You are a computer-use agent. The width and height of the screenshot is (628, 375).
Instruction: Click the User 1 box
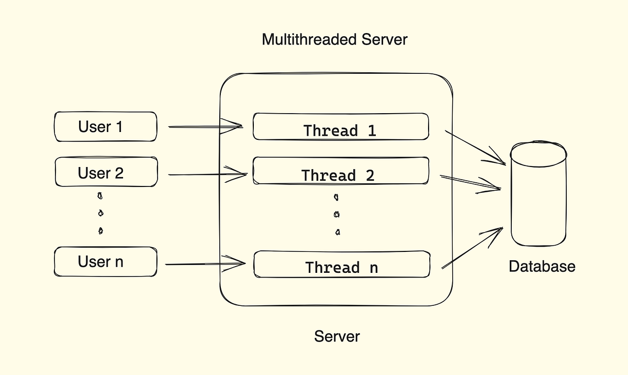click(x=105, y=127)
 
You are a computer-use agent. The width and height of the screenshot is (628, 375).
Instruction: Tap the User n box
click(x=105, y=262)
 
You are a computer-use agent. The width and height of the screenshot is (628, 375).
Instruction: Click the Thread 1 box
click(x=341, y=127)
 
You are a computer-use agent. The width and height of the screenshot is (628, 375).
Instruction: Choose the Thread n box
click(x=341, y=265)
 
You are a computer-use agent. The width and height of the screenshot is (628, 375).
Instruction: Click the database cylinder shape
click(x=539, y=194)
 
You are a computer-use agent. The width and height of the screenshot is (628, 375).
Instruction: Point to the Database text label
click(x=542, y=267)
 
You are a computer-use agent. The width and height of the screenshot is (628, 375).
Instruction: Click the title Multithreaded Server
click(x=334, y=39)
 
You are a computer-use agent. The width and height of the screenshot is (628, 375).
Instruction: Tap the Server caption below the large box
click(x=337, y=336)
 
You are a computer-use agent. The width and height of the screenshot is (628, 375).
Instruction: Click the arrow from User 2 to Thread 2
click(x=207, y=174)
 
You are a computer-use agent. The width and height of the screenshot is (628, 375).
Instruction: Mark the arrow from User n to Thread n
click(x=205, y=263)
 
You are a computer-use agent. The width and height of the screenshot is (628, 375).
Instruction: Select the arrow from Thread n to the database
click(x=473, y=248)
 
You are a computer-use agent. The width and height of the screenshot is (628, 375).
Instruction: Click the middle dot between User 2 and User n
click(x=100, y=213)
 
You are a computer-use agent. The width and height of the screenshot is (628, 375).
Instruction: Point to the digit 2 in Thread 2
click(x=369, y=175)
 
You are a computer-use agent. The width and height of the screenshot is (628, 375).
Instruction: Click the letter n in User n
click(x=119, y=262)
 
